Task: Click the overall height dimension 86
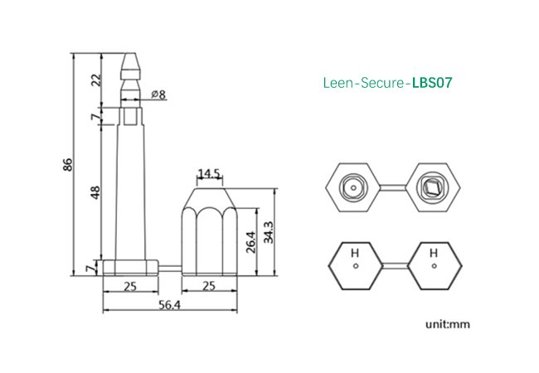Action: [69, 166]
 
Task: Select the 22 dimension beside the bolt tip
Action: [96, 80]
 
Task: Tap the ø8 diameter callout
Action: [158, 94]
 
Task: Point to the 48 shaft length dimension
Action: [96, 191]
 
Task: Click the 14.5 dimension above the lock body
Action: [208, 174]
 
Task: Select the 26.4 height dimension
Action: [250, 241]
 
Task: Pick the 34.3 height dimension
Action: [268, 232]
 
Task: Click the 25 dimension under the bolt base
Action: [130, 287]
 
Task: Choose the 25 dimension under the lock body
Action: [208, 287]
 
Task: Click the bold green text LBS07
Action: [432, 83]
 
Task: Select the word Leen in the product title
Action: [336, 83]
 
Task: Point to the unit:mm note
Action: [448, 323]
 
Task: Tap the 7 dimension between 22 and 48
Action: [96, 117]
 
